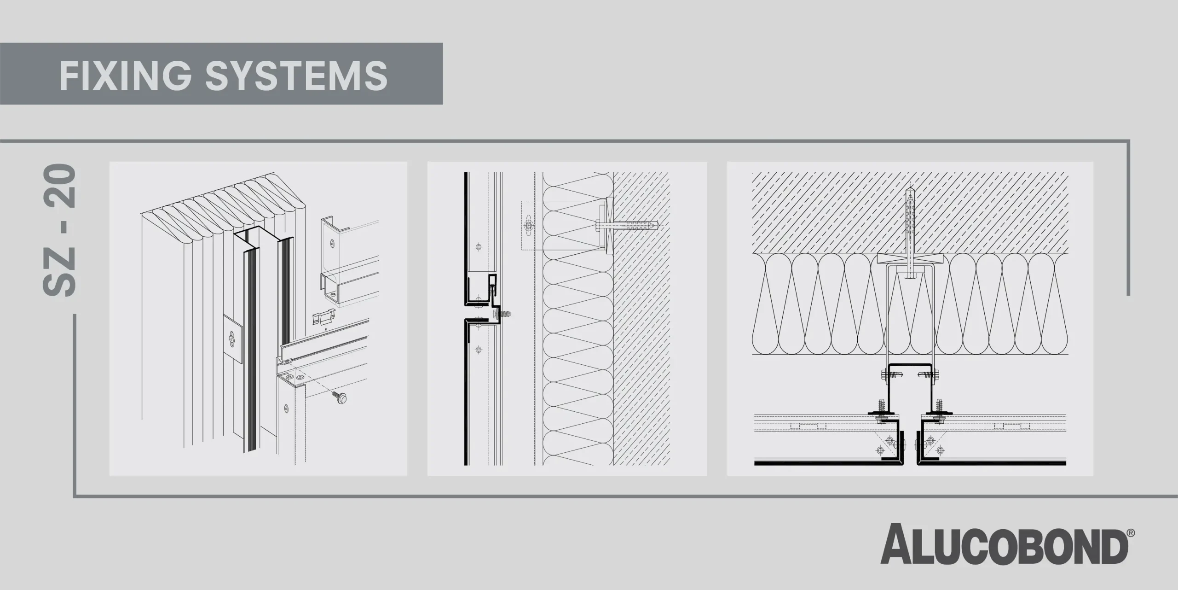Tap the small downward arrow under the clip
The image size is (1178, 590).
326,328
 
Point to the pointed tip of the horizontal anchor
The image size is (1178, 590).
659,226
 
